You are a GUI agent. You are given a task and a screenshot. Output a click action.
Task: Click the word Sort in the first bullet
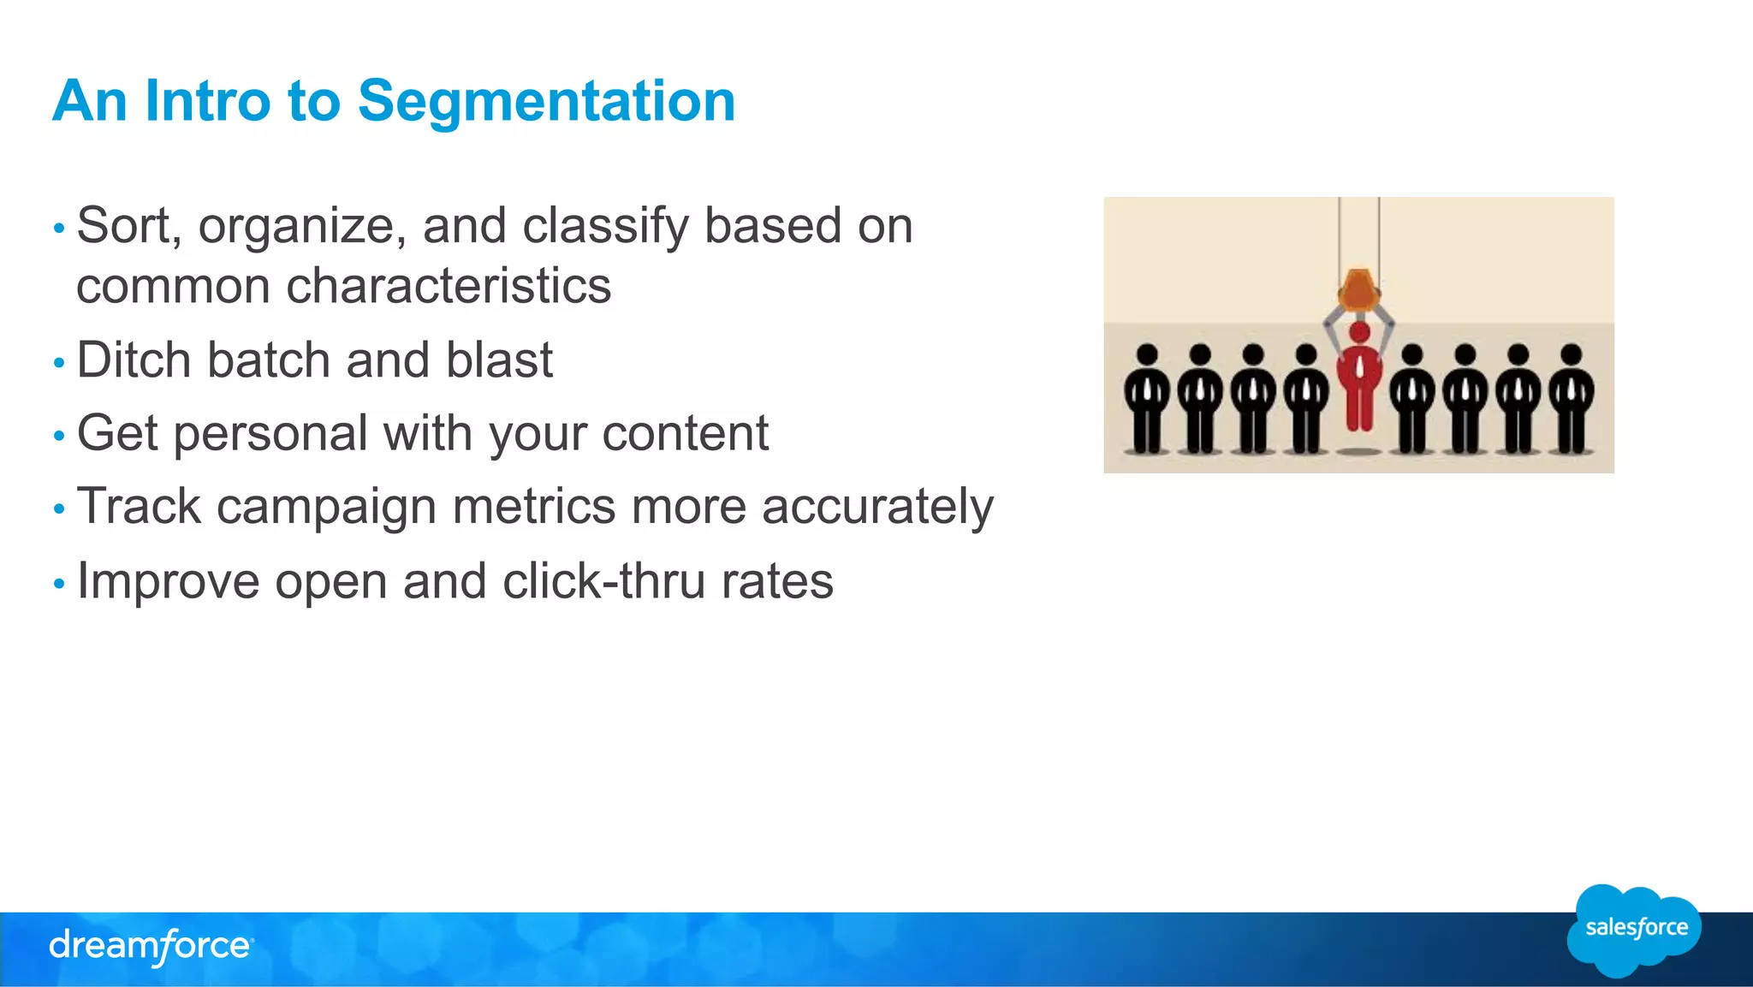128,226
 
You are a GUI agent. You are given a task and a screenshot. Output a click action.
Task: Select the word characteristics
449,286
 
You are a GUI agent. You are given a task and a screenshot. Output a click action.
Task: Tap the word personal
270,434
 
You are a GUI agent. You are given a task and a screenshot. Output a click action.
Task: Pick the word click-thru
604,581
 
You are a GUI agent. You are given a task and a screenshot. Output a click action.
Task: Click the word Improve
168,582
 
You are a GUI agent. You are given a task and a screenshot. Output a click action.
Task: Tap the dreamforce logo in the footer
151,946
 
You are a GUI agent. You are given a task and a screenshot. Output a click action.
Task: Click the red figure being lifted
1358,381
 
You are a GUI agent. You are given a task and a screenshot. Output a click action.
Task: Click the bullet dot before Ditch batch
59,363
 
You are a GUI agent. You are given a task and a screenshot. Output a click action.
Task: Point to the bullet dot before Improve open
59,584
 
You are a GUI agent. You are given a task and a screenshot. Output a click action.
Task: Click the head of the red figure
1358,331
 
